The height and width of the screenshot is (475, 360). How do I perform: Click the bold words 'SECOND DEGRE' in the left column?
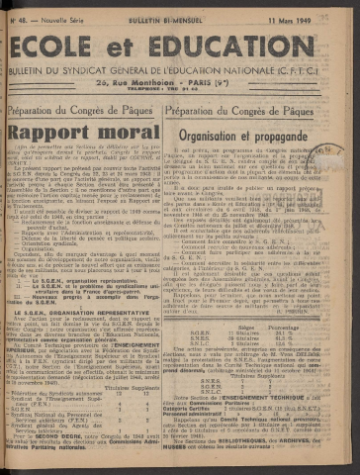tap(44, 460)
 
